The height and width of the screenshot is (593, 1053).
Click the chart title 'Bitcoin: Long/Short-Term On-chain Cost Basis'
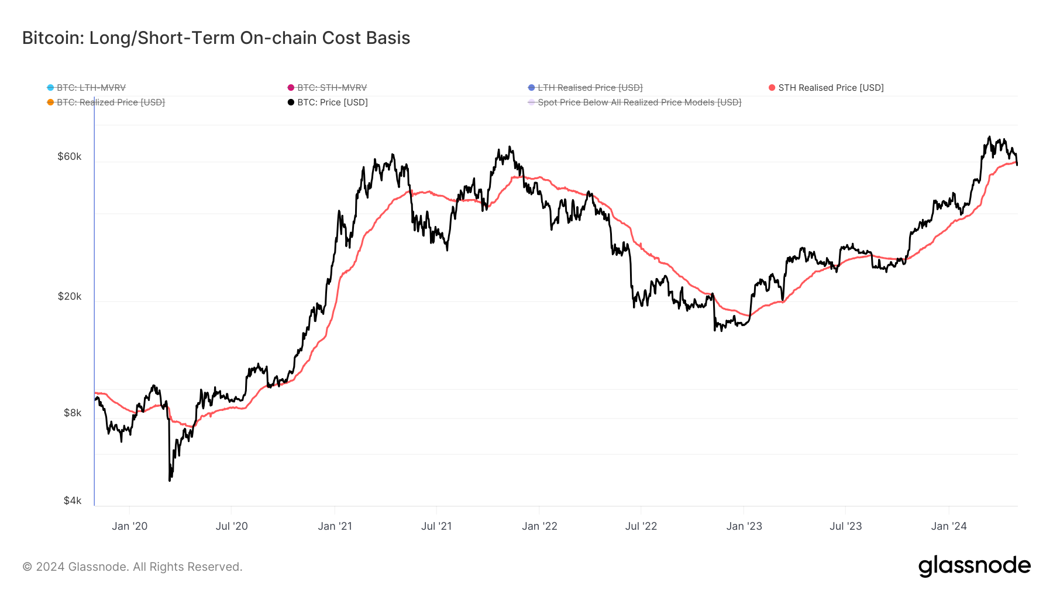216,38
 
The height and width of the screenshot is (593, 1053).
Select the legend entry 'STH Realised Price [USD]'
830,88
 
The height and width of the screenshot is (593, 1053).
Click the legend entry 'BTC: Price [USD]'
332,102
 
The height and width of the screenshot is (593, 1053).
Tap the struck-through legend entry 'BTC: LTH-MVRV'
91,88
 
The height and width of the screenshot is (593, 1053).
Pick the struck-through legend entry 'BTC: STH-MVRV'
331,88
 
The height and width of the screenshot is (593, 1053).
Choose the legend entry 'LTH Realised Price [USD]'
590,88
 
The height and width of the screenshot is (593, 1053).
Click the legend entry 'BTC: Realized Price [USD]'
110,102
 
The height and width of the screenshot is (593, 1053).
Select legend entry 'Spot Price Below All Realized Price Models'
639,102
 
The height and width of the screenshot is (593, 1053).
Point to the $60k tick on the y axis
70,156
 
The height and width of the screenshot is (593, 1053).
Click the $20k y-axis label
70,296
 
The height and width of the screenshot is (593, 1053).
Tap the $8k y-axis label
73,413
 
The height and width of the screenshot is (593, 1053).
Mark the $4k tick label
73,501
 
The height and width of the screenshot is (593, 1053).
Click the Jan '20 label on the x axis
129,526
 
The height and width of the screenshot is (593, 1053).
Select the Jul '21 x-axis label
436,526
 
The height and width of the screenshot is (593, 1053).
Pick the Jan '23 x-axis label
744,526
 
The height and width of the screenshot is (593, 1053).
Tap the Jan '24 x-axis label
948,526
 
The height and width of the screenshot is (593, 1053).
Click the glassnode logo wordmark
974,566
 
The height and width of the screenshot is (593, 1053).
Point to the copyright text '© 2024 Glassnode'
132,567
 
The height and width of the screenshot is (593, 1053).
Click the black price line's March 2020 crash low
170,480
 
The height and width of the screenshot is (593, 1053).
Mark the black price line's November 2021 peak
510,147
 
